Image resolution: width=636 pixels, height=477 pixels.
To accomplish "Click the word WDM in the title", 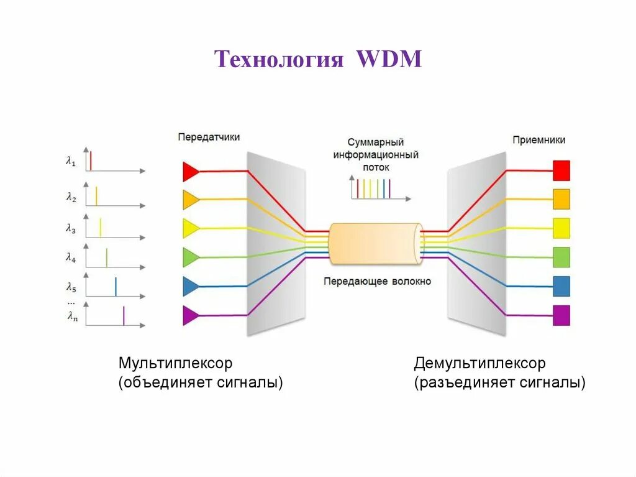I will tap(389, 60).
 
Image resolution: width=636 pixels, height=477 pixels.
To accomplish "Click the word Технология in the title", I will tap(279, 60).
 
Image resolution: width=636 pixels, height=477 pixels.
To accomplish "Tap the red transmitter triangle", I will tap(191, 170).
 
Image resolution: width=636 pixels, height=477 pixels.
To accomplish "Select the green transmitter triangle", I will tap(191, 257).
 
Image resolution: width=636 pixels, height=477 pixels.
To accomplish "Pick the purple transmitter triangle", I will tap(191, 315).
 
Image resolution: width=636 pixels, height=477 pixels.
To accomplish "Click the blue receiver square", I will tap(561, 286).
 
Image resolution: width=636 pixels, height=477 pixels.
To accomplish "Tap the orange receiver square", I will tap(561, 199).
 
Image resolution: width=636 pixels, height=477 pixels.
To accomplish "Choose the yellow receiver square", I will tap(561, 228).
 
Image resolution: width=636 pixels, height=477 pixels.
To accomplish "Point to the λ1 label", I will tap(71, 161).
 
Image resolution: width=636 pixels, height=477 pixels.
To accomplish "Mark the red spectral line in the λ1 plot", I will tap(91, 160).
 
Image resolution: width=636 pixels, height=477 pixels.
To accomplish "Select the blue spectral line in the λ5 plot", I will tap(116, 286).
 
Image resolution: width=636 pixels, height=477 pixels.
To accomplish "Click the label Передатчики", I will tap(209, 137).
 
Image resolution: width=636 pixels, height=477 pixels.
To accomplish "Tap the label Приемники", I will tap(538, 140).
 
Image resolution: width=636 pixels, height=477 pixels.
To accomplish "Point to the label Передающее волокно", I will tap(377, 281).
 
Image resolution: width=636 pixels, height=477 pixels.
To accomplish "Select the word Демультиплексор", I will tap(480, 363).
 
